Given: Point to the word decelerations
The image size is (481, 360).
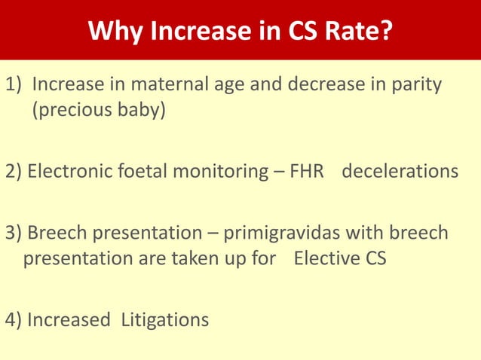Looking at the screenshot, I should [x=400, y=172].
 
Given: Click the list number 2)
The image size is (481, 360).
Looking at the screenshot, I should [x=13, y=172].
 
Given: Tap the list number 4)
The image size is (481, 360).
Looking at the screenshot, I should [x=13, y=320].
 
